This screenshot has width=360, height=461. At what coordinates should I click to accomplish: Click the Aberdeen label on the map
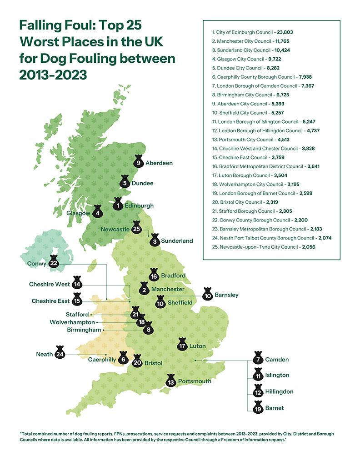159,163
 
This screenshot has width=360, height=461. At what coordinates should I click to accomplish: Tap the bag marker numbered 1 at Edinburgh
118,205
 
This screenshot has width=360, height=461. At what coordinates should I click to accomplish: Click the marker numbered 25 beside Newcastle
136,229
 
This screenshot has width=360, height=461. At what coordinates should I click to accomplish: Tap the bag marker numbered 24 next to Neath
60,353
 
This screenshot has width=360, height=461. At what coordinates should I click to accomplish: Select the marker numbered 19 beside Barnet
258,407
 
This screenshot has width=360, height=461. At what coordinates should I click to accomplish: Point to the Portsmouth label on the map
195,381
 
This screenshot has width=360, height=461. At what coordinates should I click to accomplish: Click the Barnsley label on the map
226,295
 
